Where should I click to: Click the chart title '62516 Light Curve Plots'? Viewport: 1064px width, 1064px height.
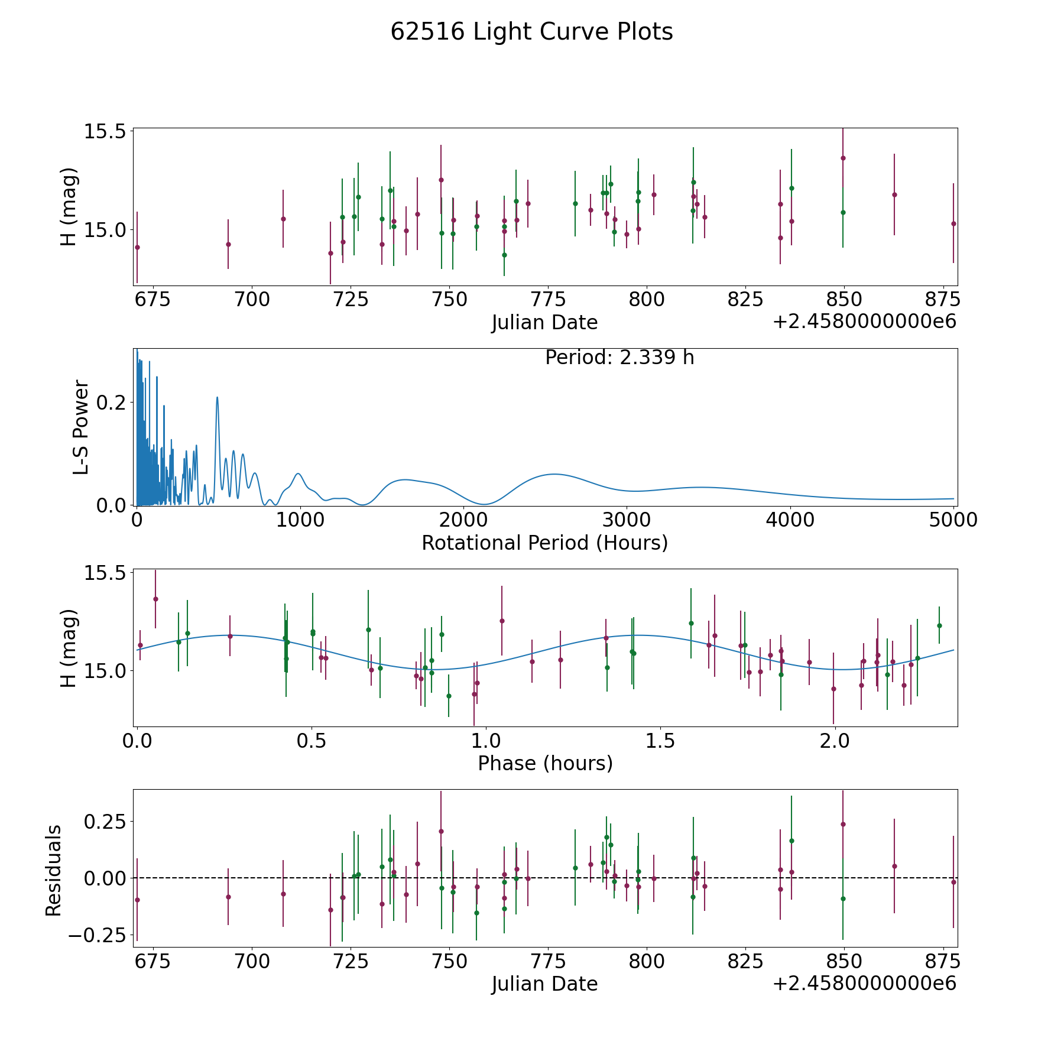point(531,32)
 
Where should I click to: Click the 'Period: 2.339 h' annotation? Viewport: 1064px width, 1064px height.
point(619,358)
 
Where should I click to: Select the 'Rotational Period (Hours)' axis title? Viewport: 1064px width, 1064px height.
point(544,543)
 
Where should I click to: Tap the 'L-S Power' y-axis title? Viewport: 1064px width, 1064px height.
point(81,427)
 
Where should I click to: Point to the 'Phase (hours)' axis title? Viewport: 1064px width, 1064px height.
point(545,763)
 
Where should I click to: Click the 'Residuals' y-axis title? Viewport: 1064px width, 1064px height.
point(54,871)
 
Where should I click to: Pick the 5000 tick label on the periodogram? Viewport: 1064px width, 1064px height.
point(953,520)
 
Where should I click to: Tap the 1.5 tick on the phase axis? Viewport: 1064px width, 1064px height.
point(660,741)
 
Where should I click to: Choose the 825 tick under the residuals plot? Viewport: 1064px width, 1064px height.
point(745,961)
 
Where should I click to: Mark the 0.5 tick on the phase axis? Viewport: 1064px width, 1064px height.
point(312,741)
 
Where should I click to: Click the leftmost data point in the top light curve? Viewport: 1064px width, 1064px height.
point(137,247)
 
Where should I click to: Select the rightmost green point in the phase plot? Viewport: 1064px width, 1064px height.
point(939,625)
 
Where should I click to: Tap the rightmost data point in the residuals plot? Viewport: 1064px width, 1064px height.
point(953,882)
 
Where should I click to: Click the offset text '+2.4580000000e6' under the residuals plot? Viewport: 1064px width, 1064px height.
point(864,983)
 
